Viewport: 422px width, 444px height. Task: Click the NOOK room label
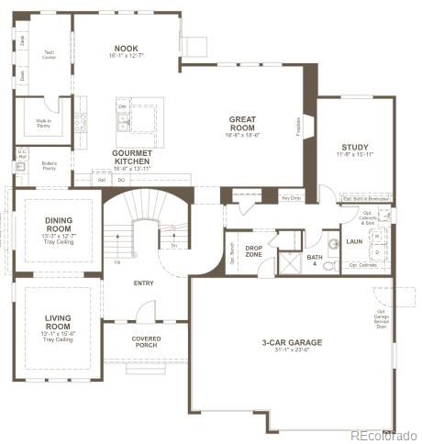point(127,49)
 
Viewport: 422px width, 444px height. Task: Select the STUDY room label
point(355,148)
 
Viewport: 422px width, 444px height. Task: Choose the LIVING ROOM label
point(58,322)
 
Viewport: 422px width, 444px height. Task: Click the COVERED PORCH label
point(147,341)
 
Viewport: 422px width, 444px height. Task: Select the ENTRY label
point(143,283)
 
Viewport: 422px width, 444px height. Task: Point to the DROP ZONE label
point(254,250)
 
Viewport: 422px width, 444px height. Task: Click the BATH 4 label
point(315,259)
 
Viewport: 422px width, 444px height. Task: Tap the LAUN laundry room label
point(355,242)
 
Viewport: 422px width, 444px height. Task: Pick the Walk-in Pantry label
point(44,122)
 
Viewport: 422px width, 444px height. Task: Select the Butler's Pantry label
point(50,165)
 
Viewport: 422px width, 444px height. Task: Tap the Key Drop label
point(292,196)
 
